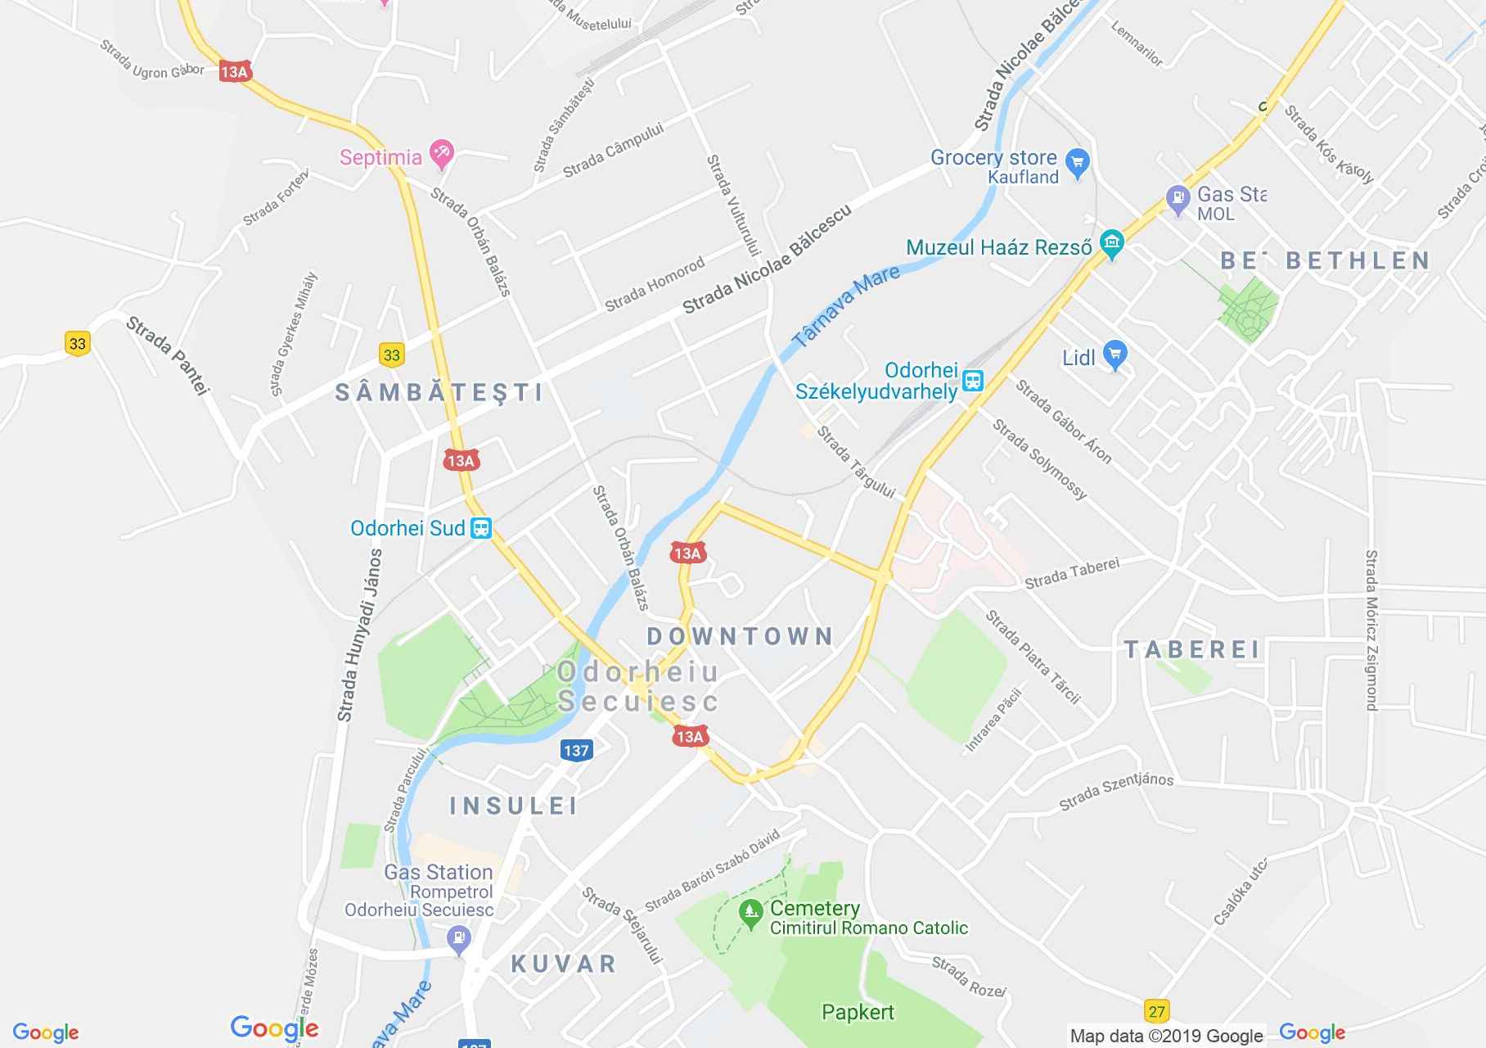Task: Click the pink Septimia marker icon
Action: click(x=441, y=153)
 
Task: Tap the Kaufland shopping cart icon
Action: click(x=1078, y=161)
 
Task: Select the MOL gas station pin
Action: click(x=1178, y=199)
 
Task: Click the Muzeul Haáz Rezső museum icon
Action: click(x=1111, y=243)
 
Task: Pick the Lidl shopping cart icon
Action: click(x=1115, y=355)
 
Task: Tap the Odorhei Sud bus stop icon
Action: click(x=481, y=528)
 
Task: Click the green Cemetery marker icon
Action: click(x=750, y=912)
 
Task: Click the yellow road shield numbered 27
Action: click(x=1156, y=1011)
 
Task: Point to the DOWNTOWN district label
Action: click(x=740, y=636)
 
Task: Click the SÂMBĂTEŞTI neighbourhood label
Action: click(x=439, y=392)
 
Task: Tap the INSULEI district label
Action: click(x=514, y=806)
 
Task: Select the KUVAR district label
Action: click(x=564, y=964)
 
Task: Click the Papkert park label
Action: click(x=858, y=1012)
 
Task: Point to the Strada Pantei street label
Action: click(x=168, y=357)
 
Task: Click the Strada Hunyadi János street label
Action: click(x=360, y=635)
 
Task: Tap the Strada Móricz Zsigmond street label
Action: click(x=1371, y=630)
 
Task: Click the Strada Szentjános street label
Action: click(x=1116, y=790)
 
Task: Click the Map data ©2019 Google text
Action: click(x=1166, y=1036)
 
